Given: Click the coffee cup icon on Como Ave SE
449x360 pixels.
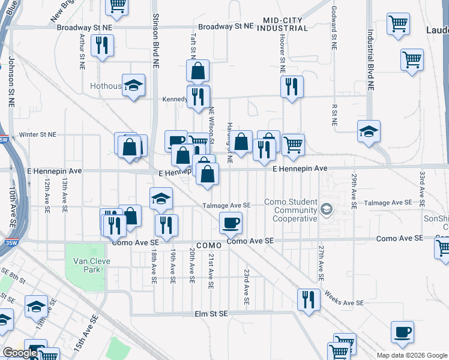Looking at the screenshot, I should [231, 224].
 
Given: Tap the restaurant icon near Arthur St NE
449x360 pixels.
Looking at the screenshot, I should [101, 45].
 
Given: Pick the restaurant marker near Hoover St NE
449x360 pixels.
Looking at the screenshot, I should [292, 86].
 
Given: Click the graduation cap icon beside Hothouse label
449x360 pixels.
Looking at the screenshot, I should [133, 85].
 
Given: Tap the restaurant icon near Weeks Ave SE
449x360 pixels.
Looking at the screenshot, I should [309, 299].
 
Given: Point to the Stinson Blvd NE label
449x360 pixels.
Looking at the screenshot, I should [155, 40].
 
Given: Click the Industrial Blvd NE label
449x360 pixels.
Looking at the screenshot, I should [370, 60].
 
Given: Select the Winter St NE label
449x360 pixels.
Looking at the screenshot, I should [37, 135].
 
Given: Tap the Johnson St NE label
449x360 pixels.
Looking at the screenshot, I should [11, 82].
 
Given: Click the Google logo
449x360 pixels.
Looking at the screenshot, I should [20, 353].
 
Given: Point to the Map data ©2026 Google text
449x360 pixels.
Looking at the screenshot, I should [412, 355].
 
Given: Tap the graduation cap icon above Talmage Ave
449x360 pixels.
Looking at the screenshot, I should [161, 199].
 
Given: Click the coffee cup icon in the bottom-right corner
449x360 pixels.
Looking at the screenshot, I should [402, 332].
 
